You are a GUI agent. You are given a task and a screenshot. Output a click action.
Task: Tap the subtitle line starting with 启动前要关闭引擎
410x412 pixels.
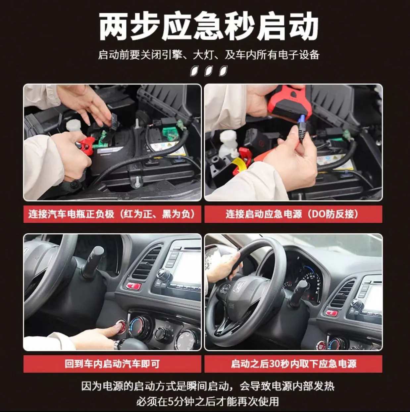[x=209, y=55]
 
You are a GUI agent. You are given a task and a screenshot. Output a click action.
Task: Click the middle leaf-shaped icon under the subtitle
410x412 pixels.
[x=209, y=71]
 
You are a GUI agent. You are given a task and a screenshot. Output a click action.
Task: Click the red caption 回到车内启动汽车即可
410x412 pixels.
[x=112, y=364]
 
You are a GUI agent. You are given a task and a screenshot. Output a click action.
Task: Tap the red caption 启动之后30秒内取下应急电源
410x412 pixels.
[x=293, y=364]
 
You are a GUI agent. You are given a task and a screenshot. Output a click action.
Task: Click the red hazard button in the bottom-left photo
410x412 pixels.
[x=133, y=286]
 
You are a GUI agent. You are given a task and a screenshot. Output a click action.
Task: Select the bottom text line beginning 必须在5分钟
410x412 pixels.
[x=208, y=401]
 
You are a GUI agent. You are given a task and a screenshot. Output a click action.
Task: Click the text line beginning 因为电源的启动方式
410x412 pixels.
[x=208, y=386]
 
